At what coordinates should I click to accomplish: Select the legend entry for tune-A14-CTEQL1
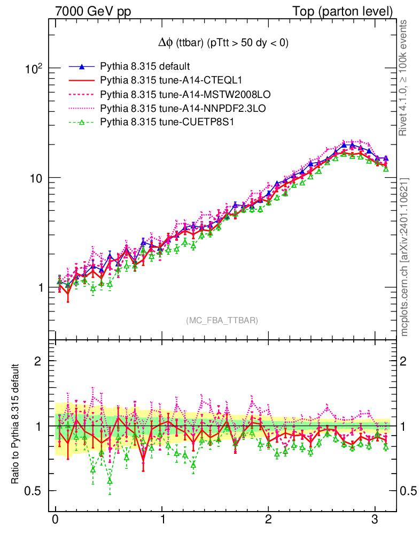coord(171,81)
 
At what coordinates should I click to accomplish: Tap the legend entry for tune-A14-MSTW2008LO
coord(185,95)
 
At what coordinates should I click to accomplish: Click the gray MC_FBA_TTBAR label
coord(222,321)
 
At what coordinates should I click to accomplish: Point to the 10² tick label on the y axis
coord(33,68)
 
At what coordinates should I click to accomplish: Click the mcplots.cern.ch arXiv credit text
coord(405,257)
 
